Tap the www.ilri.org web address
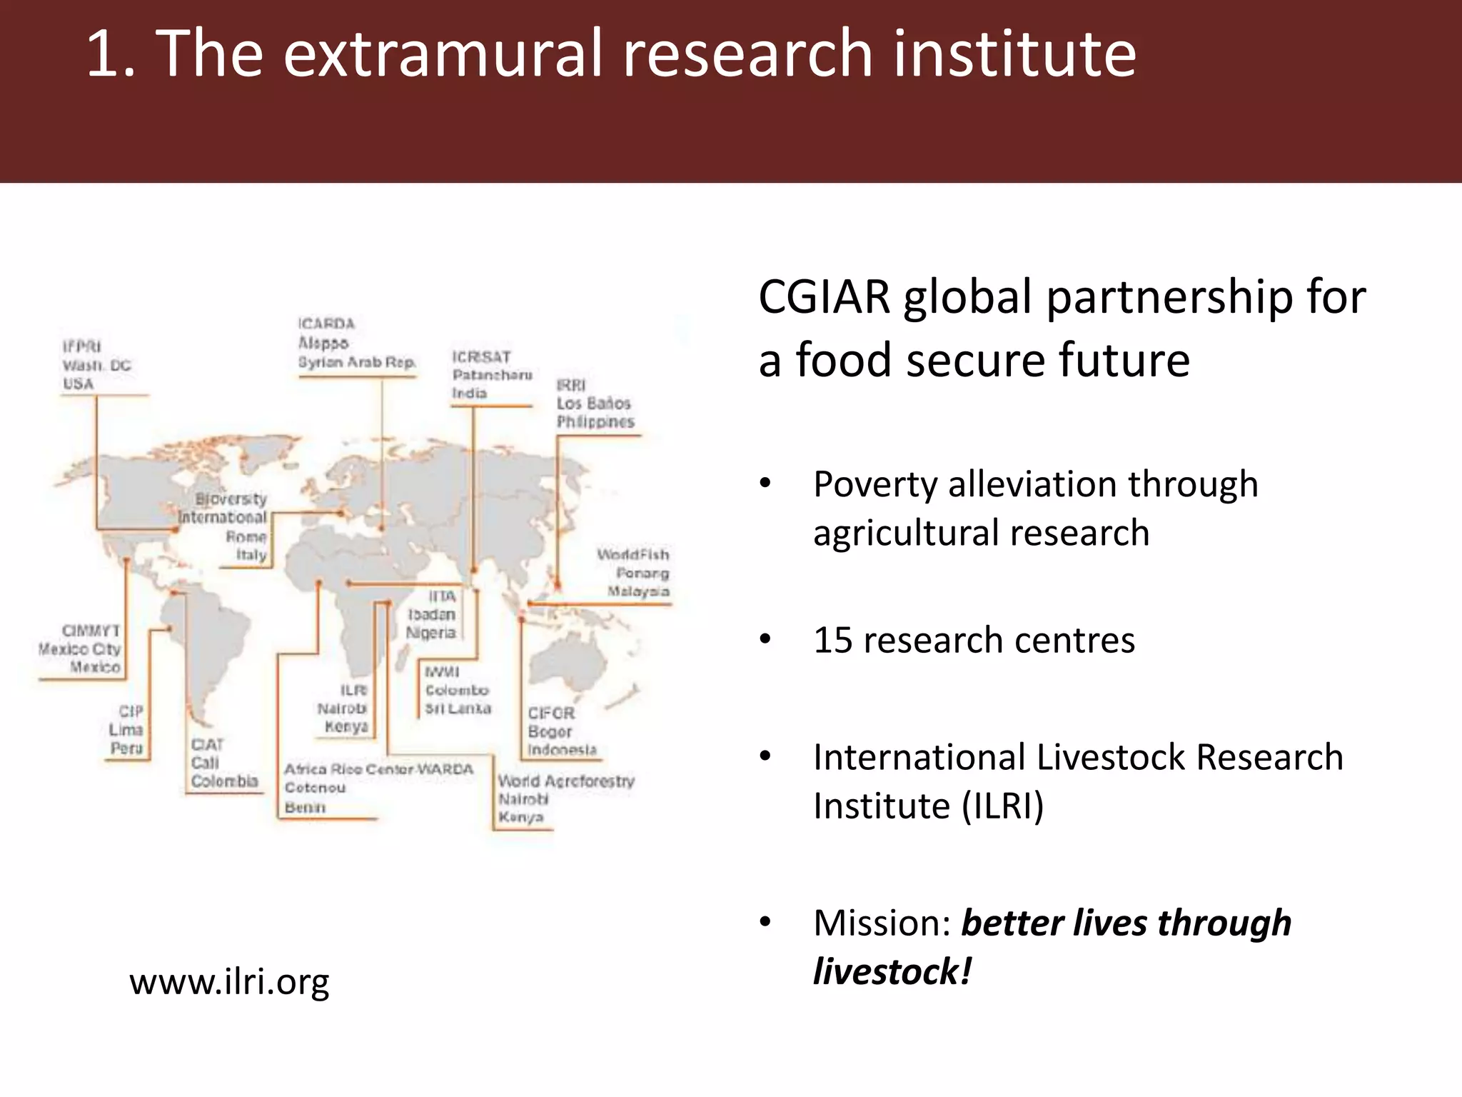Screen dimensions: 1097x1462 (229, 981)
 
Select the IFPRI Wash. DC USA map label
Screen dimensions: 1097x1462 (96, 365)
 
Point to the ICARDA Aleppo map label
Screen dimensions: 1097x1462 (356, 343)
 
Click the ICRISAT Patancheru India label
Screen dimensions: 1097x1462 (491, 374)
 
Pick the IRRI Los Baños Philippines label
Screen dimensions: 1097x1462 (595, 404)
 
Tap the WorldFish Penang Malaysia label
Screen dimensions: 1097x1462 (634, 573)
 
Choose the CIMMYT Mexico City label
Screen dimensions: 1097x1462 (81, 648)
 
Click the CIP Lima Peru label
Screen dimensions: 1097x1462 (126, 729)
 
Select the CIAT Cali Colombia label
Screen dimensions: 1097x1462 (223, 763)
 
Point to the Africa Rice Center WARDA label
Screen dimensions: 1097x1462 (378, 787)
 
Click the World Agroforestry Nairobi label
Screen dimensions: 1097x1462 (565, 798)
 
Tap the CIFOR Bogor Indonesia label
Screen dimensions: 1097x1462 (561, 731)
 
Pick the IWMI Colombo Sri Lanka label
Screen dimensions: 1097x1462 (457, 690)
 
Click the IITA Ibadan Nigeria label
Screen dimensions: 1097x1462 (431, 614)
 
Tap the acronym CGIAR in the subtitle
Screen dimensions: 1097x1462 (824, 296)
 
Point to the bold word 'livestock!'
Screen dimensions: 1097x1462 (892, 971)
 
